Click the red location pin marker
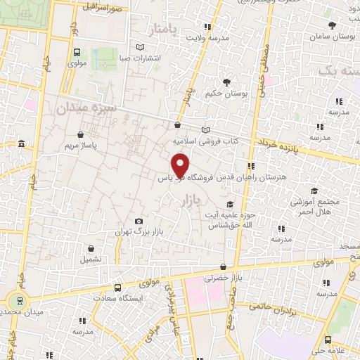pos(180,164)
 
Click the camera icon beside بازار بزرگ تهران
pos(139,221)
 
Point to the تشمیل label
pos(90,259)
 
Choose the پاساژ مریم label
pos(79,146)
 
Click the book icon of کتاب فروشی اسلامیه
pos(205,129)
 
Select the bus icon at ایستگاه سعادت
pos(118,288)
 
